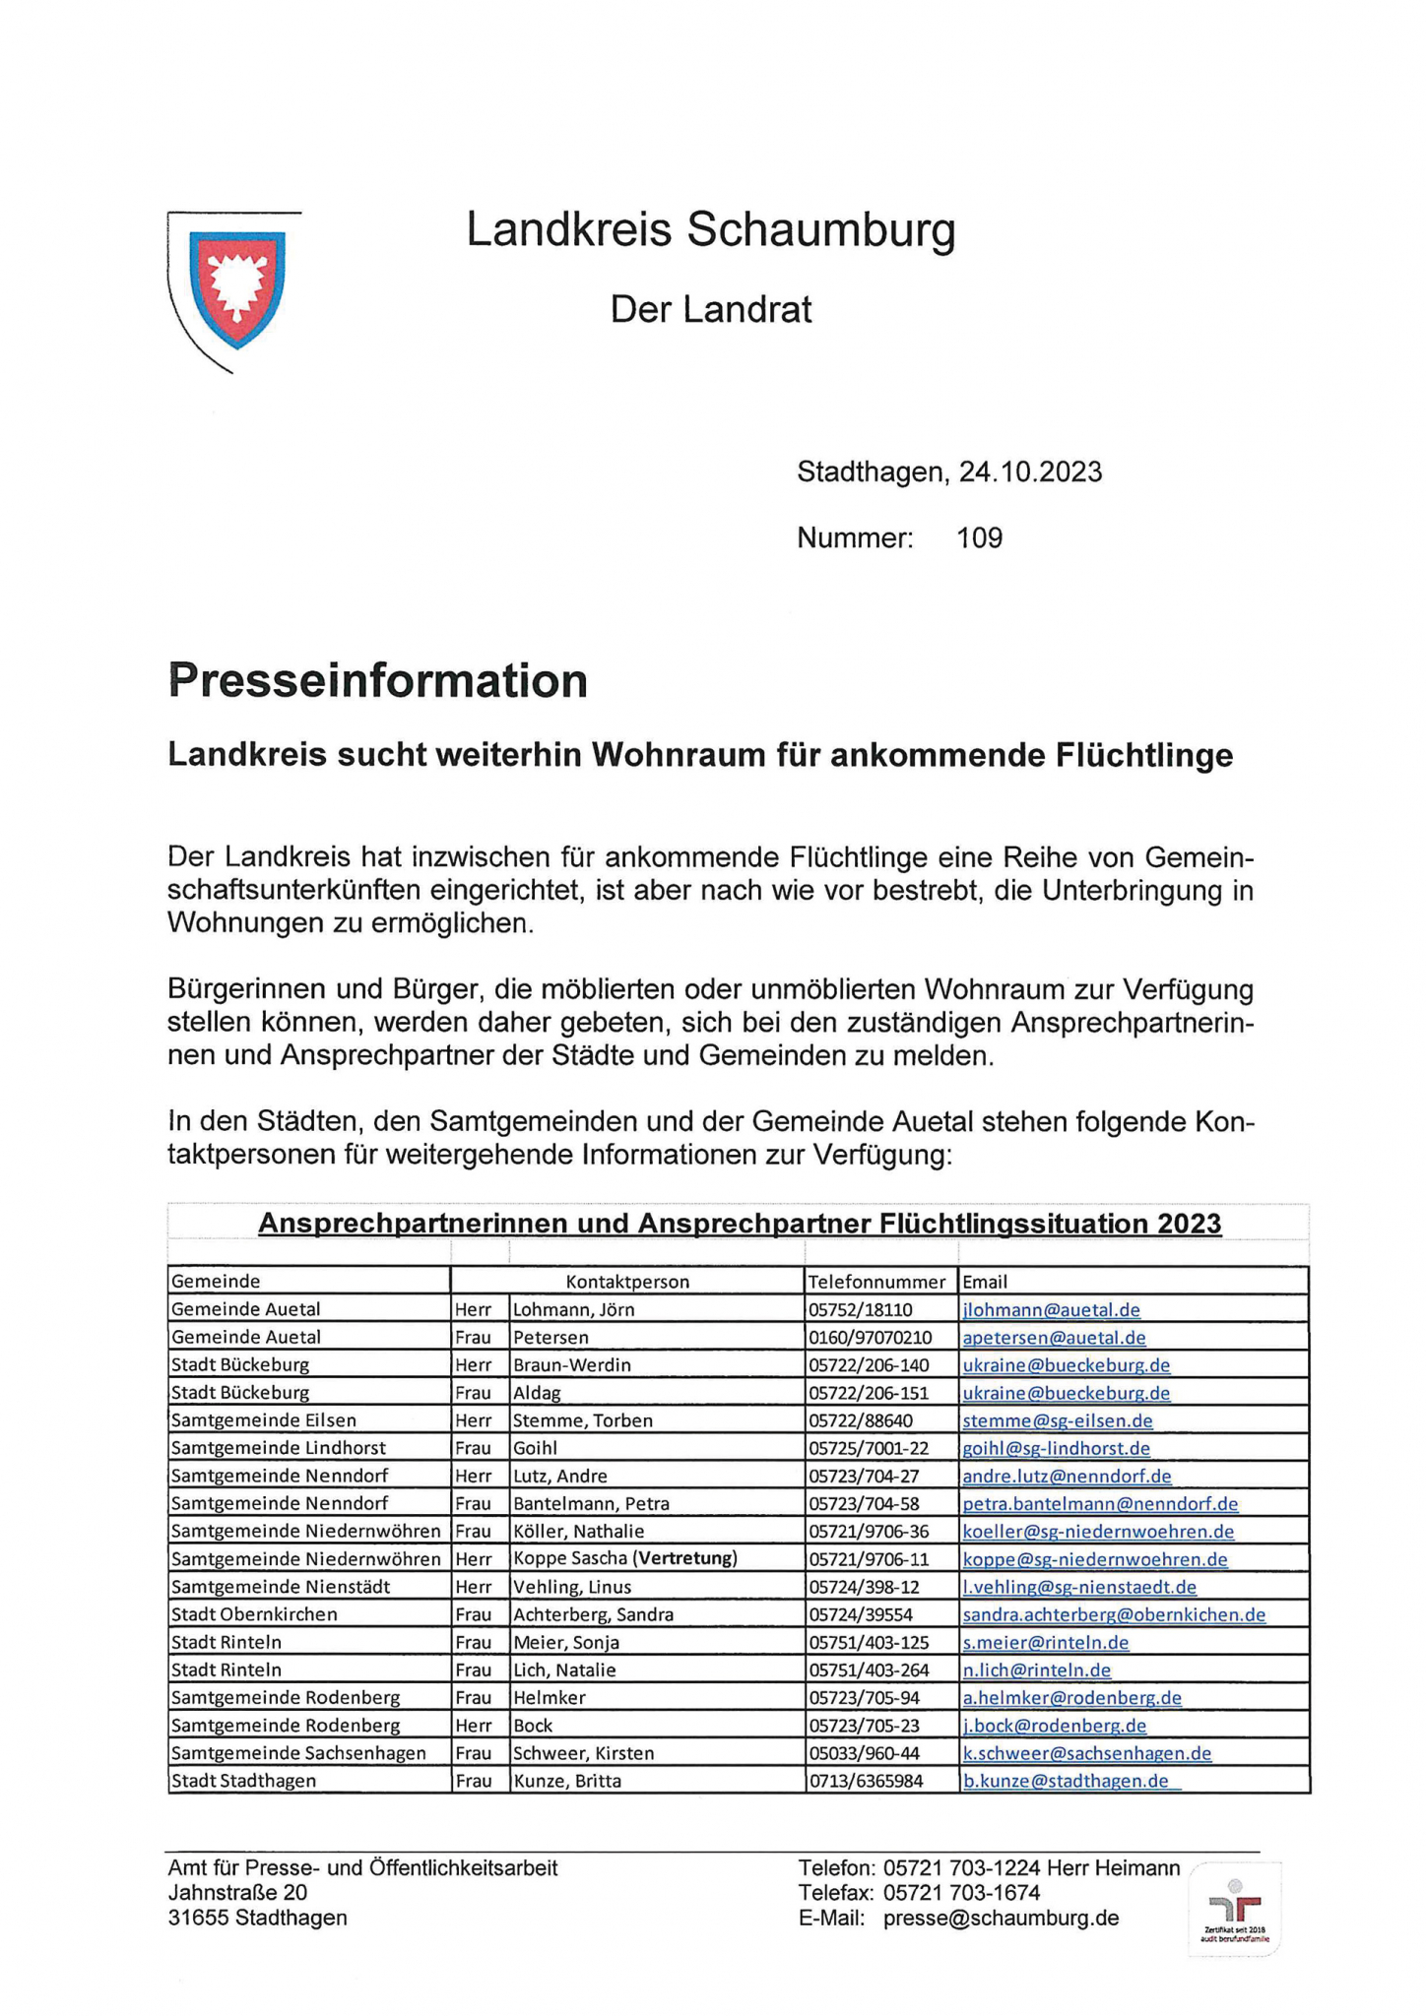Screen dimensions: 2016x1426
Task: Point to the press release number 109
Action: [979, 538]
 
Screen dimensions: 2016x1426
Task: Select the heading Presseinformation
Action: [378, 681]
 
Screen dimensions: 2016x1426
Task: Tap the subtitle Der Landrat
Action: [711, 310]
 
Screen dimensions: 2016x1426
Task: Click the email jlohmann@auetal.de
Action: [1051, 1310]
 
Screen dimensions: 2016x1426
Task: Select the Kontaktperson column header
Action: [627, 1282]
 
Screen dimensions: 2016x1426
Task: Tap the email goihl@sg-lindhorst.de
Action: [1056, 1448]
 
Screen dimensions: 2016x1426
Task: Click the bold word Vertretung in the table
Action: [686, 1558]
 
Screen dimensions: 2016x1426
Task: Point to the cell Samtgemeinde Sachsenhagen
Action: [298, 1753]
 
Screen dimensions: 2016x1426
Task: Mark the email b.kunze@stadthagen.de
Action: [1066, 1781]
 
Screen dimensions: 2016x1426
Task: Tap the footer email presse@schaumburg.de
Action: [1001, 1919]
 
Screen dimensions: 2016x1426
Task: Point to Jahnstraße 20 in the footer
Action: [237, 1893]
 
